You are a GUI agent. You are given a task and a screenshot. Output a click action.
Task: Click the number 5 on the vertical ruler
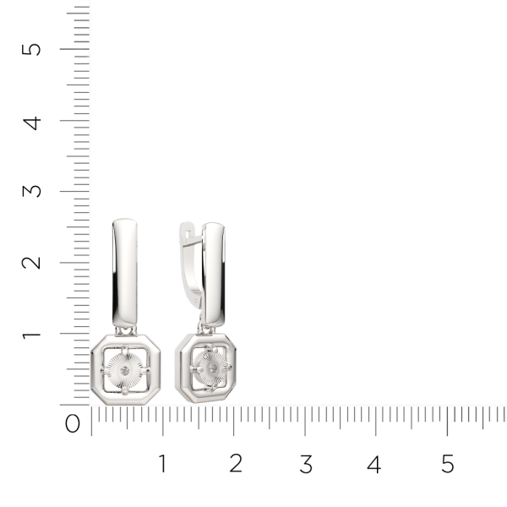31,50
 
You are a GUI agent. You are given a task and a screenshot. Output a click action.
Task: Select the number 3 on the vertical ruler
32,191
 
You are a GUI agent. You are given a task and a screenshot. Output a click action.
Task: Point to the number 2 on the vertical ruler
31,263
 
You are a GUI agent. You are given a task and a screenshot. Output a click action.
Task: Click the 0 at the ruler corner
73,423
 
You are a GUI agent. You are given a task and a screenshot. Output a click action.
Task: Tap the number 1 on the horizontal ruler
162,463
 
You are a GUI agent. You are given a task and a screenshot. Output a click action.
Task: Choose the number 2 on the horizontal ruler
236,463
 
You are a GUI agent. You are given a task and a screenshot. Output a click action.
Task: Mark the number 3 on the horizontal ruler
306,464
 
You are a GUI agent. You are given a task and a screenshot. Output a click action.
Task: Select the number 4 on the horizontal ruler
374,464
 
